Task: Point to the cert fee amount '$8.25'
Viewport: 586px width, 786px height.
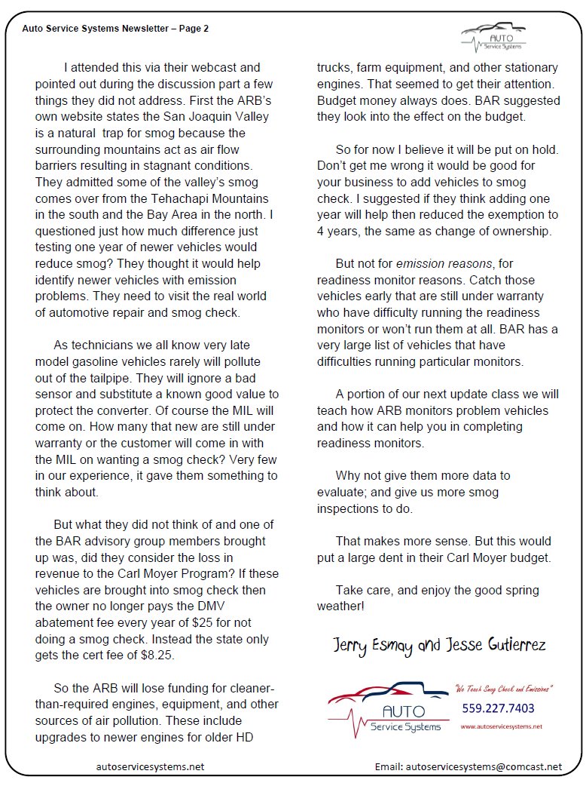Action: click(x=158, y=656)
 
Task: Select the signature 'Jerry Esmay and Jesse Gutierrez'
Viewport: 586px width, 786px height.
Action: click(x=441, y=645)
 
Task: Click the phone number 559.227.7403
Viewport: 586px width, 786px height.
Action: click(x=498, y=708)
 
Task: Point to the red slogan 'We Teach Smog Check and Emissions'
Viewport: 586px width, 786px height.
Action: click(x=504, y=688)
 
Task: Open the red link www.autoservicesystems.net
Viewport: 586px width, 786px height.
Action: click(x=500, y=726)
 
